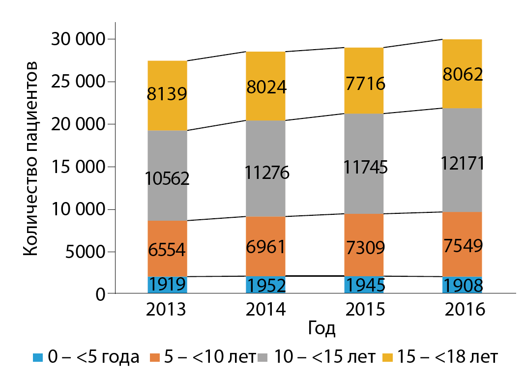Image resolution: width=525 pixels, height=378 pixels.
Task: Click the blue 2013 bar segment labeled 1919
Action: coord(167,285)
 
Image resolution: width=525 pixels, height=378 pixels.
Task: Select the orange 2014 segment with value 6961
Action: coord(265,246)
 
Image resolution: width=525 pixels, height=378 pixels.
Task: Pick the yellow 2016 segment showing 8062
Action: coord(462,74)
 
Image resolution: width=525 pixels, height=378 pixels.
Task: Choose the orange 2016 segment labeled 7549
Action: coord(462,244)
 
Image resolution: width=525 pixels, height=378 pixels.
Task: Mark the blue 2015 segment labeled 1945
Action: coord(364,285)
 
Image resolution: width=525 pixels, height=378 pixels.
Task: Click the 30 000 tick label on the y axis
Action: coord(79,39)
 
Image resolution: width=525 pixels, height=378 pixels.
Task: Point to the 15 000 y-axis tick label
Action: coord(79,167)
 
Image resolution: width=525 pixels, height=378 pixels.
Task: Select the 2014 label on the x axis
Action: coord(265,310)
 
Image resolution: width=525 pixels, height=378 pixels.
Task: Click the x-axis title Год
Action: coord(322,328)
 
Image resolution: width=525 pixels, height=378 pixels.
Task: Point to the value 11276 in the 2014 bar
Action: coord(265,173)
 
